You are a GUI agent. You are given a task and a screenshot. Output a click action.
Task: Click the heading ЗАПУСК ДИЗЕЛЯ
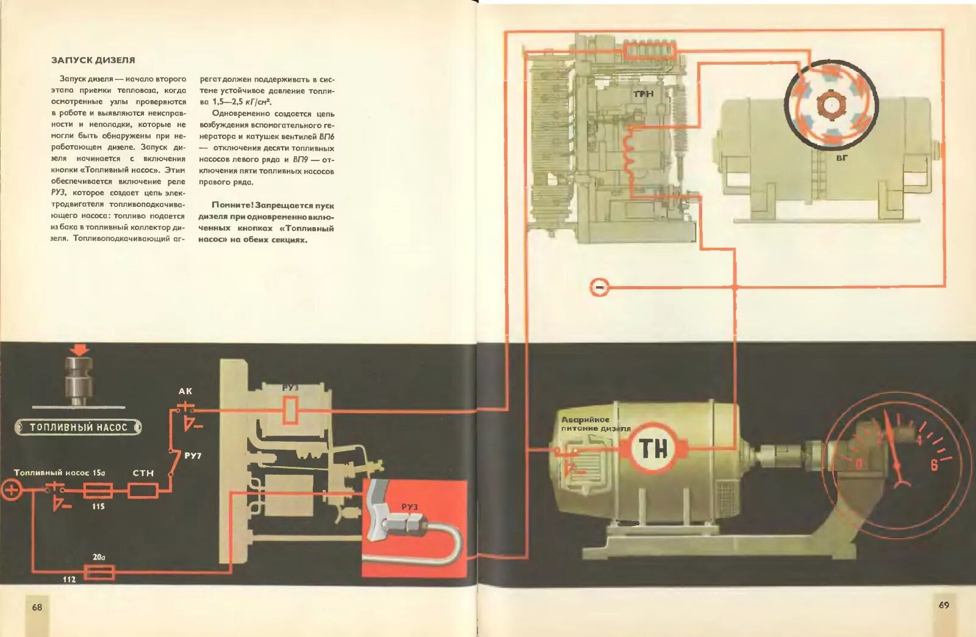click(93, 60)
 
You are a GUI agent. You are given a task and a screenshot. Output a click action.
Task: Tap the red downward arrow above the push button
click(80, 350)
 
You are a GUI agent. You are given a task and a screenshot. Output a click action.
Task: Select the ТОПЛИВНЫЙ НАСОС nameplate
click(78, 427)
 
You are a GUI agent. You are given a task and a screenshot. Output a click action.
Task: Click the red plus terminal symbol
click(11, 489)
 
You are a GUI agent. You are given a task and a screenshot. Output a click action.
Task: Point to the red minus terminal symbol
click(600, 287)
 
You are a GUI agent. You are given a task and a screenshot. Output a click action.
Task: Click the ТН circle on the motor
click(653, 449)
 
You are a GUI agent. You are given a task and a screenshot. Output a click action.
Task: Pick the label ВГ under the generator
click(842, 157)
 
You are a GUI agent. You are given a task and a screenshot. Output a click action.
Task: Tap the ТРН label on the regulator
click(643, 94)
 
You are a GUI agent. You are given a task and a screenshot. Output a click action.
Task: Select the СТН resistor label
click(143, 473)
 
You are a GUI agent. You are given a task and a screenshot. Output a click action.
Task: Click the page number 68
click(37, 606)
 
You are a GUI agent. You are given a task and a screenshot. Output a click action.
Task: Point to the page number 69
click(944, 605)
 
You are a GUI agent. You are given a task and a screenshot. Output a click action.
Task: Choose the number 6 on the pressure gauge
click(934, 466)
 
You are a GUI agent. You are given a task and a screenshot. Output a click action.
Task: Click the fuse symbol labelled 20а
click(98, 572)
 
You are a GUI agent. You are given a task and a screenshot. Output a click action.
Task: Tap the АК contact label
click(185, 391)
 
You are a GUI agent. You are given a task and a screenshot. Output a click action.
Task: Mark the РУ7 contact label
click(193, 456)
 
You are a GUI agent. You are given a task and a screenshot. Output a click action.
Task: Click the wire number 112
click(69, 579)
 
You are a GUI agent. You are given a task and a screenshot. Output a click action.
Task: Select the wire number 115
click(98, 506)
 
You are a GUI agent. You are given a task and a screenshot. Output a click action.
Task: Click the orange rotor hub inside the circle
click(830, 105)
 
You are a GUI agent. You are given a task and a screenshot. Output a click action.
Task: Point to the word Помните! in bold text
click(232, 205)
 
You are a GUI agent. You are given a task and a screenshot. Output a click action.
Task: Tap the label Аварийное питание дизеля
click(595, 424)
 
